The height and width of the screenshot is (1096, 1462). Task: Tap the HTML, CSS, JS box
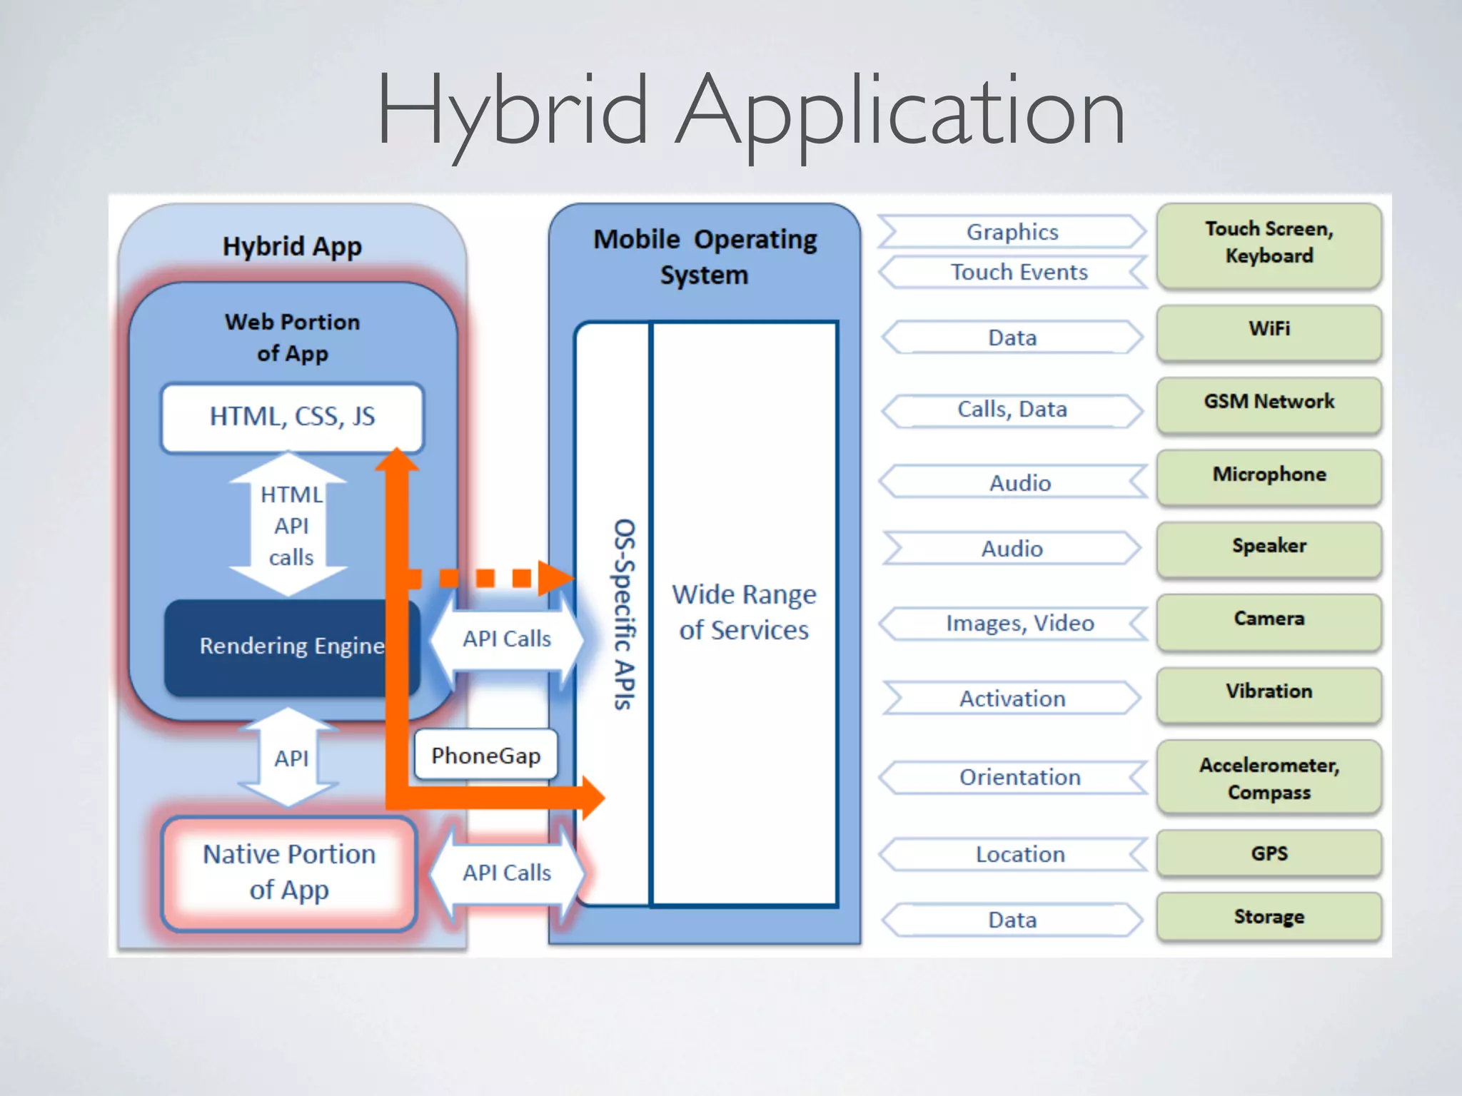tap(292, 417)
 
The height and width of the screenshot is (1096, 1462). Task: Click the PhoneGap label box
tap(485, 756)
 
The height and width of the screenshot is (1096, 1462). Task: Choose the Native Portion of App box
tap(289, 872)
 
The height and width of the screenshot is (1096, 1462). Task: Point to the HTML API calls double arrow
tap(290, 525)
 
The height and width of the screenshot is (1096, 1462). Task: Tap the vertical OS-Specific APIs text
tap(622, 614)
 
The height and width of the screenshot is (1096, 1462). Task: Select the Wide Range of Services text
tap(744, 612)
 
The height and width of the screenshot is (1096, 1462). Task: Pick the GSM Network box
tap(1269, 403)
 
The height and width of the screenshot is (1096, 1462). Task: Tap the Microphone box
tap(1269, 476)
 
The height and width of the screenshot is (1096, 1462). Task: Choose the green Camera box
tap(1269, 620)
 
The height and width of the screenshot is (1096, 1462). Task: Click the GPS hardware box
tap(1269, 853)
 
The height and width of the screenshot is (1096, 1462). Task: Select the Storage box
tap(1269, 917)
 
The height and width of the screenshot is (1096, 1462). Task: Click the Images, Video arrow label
tap(1019, 624)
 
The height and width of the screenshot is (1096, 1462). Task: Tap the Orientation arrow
tap(1019, 777)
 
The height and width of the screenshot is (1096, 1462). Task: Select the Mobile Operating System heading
tap(705, 257)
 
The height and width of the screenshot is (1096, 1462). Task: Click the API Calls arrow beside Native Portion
tap(507, 873)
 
